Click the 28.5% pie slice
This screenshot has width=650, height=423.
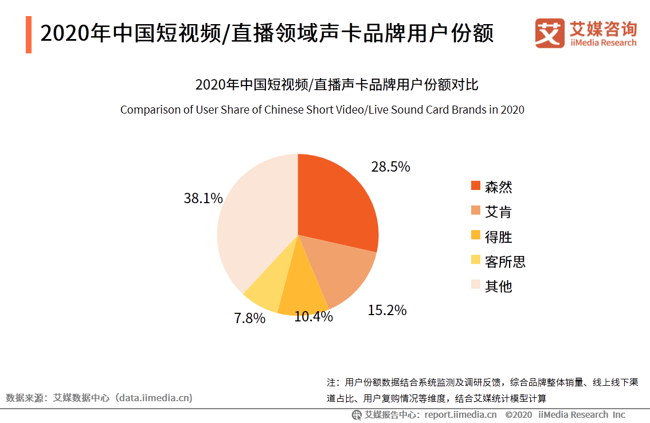338,201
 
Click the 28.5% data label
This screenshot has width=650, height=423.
390,167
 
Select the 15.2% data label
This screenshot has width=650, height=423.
387,311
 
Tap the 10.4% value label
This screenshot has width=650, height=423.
314,316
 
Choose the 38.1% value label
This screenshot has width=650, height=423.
203,198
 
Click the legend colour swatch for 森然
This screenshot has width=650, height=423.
475,186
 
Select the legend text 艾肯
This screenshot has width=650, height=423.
498,212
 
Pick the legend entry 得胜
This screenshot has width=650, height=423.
498,236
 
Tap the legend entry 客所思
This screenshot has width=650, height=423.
504,262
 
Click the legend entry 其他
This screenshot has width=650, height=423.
498,286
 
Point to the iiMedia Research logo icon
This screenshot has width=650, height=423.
550,34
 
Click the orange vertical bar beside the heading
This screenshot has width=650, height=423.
29,34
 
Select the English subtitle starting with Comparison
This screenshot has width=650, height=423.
322,110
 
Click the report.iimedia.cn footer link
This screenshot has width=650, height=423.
460,415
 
